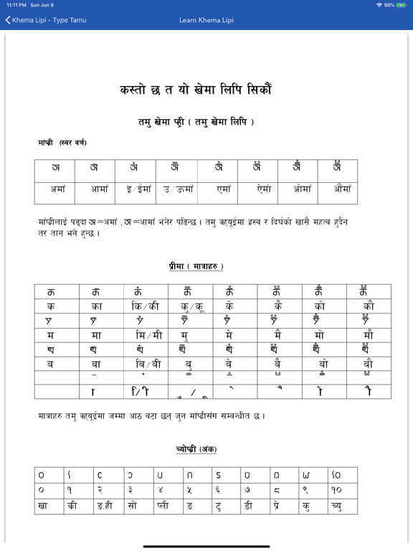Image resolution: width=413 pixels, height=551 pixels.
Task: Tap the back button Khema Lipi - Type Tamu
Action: click(46, 20)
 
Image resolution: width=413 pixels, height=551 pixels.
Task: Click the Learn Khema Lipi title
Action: click(206, 20)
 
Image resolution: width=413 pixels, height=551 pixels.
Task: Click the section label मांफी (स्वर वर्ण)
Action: click(62, 143)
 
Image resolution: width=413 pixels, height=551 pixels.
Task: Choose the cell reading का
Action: click(97, 305)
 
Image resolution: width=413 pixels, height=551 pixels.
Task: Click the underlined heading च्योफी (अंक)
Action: click(195, 449)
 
